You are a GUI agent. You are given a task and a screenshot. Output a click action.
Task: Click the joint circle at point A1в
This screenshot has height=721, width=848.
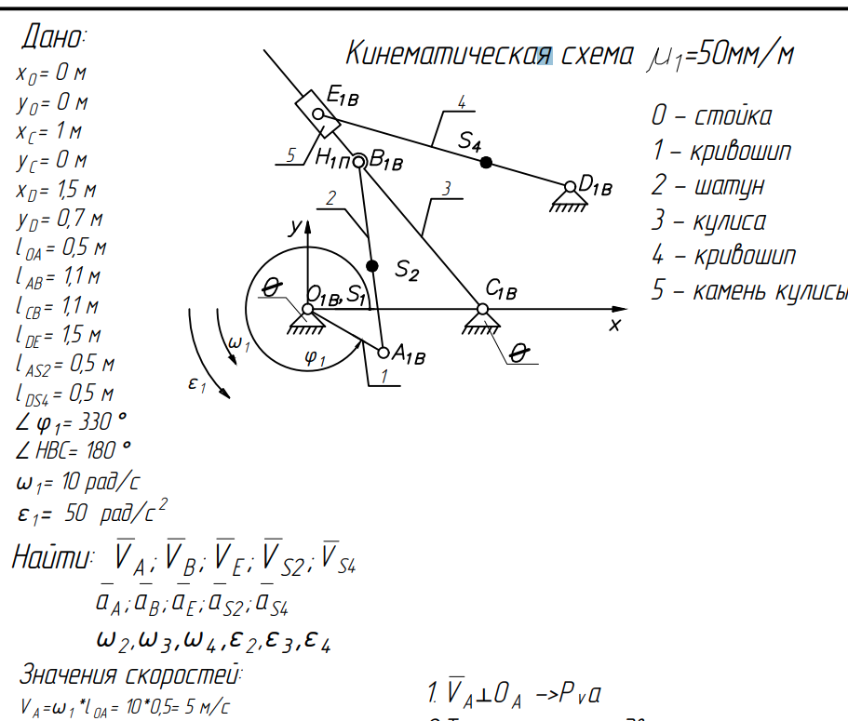[384, 352]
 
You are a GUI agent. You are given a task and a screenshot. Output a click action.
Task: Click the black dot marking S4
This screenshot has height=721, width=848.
[486, 162]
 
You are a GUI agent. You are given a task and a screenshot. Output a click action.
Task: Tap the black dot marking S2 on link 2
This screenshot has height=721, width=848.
[373, 266]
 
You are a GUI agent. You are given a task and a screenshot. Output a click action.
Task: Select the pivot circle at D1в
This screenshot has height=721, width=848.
[570, 187]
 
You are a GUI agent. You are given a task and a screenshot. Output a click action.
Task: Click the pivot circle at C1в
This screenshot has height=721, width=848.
[483, 309]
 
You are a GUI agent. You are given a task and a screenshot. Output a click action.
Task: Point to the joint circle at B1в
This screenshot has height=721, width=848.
[359, 161]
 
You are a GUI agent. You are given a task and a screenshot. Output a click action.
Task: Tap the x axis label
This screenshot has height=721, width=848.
[614, 325]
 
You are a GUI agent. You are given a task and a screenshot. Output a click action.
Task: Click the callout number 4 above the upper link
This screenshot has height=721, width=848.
[462, 101]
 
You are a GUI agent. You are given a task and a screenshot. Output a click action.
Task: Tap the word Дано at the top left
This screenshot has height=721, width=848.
[53, 38]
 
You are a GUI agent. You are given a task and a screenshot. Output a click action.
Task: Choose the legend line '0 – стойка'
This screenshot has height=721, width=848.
[711, 116]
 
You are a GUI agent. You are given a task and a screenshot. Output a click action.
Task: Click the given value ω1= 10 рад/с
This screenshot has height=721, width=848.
[78, 482]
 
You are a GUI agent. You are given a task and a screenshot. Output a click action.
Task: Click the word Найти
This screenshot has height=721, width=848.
[52, 558]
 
